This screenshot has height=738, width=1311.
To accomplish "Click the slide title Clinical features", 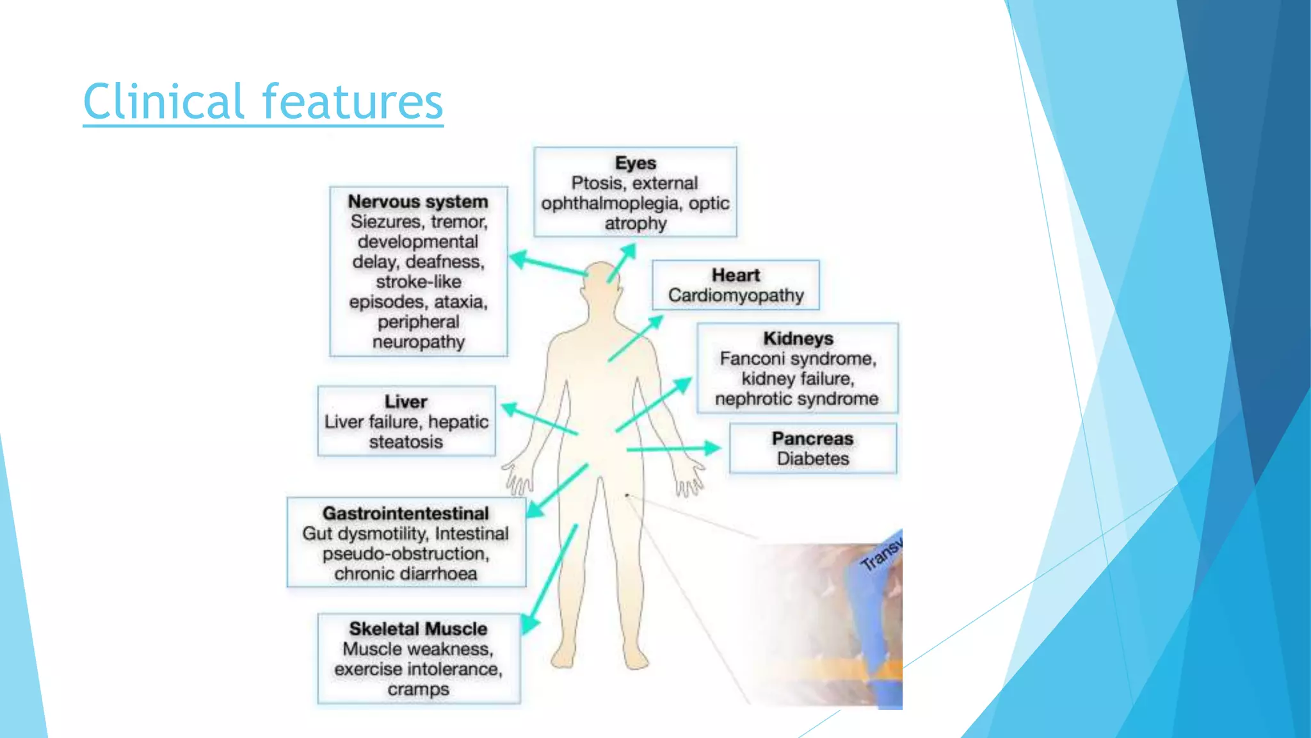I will pos(262,101).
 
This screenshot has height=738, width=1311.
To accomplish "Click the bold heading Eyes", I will pos(635,163).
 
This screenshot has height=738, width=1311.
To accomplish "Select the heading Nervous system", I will pos(418,201).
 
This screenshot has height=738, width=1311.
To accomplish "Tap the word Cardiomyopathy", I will pos(736,295).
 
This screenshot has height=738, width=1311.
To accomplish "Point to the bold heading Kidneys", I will pos(798,338).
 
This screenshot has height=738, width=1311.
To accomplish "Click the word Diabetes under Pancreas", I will pos(812,459).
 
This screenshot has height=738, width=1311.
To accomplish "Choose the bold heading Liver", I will pos(406,402).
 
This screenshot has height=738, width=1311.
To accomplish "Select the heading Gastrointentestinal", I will pos(406,513).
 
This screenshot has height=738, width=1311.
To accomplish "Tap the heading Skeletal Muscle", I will pos(418,628).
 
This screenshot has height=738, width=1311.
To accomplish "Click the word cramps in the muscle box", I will pos(418,689).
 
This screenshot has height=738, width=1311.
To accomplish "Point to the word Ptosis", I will pos(597,183).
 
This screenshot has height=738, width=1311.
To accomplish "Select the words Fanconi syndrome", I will pos(798,359).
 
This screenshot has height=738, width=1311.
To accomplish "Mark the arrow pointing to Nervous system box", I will pos(548,266).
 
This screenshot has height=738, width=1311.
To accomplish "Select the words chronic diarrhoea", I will pos(405,573).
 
